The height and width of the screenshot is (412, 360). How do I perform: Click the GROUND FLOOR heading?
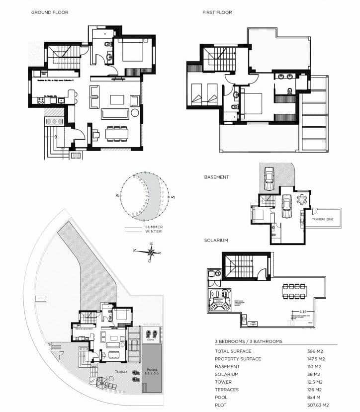tap(50, 12)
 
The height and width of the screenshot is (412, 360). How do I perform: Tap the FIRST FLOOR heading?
tap(217, 12)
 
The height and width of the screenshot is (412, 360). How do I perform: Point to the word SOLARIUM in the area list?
tap(227, 375)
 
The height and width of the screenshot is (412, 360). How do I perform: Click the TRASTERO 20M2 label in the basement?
tap(323, 219)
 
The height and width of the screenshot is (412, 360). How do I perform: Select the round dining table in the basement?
tap(302, 199)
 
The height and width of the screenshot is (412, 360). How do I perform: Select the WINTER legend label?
tap(154, 232)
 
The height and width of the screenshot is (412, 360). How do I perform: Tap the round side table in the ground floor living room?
tap(135, 113)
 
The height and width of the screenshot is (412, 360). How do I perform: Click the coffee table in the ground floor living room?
tap(117, 99)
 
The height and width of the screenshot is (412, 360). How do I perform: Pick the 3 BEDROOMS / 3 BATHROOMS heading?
tap(249, 341)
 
